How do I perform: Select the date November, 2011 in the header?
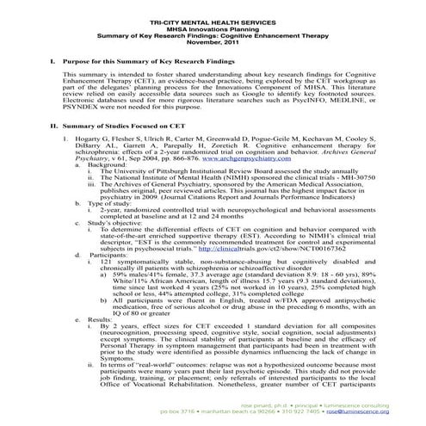click(213, 39)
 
